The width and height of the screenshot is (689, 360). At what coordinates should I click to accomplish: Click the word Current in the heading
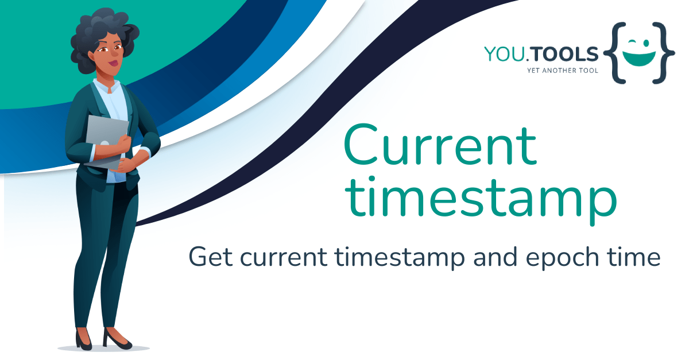click(x=440, y=148)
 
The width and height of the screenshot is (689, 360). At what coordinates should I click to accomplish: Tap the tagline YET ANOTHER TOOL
click(x=563, y=71)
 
